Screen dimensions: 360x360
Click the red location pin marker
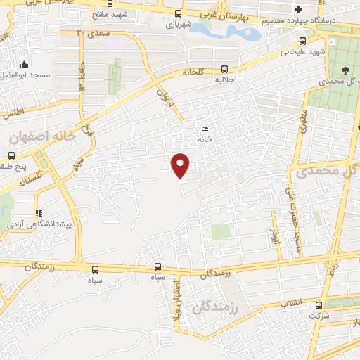[x=181, y=166]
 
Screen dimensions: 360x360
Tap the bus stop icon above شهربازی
[x=177, y=13]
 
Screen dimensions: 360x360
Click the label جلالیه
[x=224, y=79]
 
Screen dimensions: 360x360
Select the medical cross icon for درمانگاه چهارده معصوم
[x=299, y=9]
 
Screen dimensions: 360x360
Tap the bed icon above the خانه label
[x=205, y=129]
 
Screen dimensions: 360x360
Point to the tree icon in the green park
[x=345, y=69]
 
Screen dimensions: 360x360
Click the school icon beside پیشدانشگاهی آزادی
[x=39, y=212]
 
